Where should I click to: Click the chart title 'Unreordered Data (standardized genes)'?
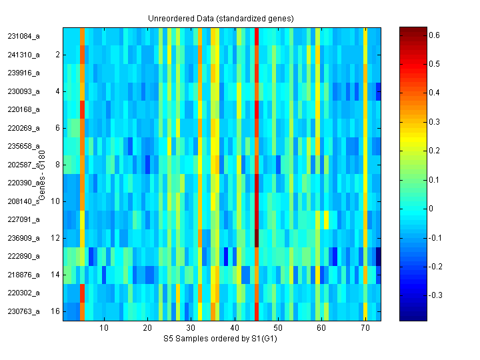coord(221,18)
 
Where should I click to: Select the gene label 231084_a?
coord(24,36)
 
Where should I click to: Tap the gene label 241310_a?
coord(24,54)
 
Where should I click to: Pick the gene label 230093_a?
coord(24,91)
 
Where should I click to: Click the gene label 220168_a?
coord(24,109)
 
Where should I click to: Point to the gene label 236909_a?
coord(24,237)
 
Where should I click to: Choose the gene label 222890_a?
coord(24,256)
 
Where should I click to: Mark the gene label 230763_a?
coord(24,311)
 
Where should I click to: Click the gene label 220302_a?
coord(24,293)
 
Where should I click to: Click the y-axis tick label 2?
coord(57,55)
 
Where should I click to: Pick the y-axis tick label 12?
coord(55,237)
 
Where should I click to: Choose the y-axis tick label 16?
coord(55,311)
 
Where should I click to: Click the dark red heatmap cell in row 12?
coord(257,237)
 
